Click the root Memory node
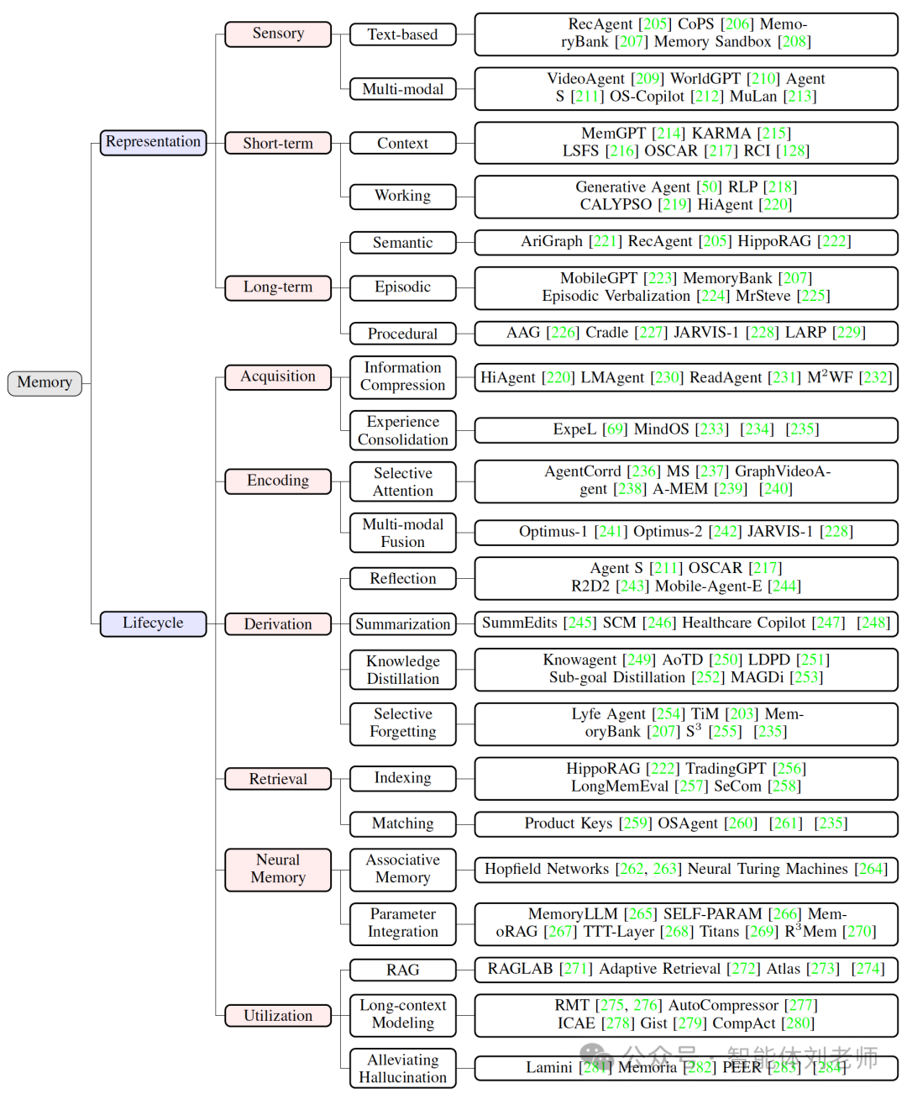point(45,382)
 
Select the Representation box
point(153,142)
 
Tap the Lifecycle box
point(153,623)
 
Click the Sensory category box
point(278,34)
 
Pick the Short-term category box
point(278,143)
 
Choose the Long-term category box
point(278,287)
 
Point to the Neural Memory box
point(278,869)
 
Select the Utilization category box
point(278,1016)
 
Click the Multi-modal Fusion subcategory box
point(403,533)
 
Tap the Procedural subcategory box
point(403,334)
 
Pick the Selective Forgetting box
point(403,723)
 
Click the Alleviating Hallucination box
point(403,1068)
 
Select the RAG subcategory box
point(403,970)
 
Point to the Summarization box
point(403,624)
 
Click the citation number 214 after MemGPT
point(668,134)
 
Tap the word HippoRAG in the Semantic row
point(774,242)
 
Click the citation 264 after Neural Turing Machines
point(871,869)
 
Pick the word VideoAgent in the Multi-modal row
point(585,79)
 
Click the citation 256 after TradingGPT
point(789,769)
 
